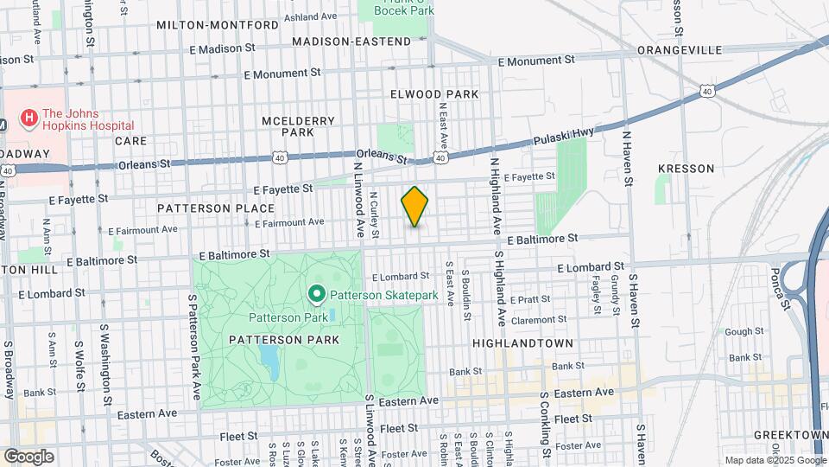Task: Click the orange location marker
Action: [x=414, y=207]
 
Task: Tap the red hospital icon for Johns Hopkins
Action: [x=29, y=116]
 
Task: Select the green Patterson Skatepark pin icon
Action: [x=316, y=296]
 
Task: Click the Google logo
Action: [x=28, y=457]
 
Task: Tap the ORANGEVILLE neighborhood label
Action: [x=679, y=50]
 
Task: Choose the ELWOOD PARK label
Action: [x=433, y=93]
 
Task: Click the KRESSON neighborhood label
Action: [x=686, y=168]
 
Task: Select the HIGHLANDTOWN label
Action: [x=522, y=343]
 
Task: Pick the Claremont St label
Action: [x=537, y=319]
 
